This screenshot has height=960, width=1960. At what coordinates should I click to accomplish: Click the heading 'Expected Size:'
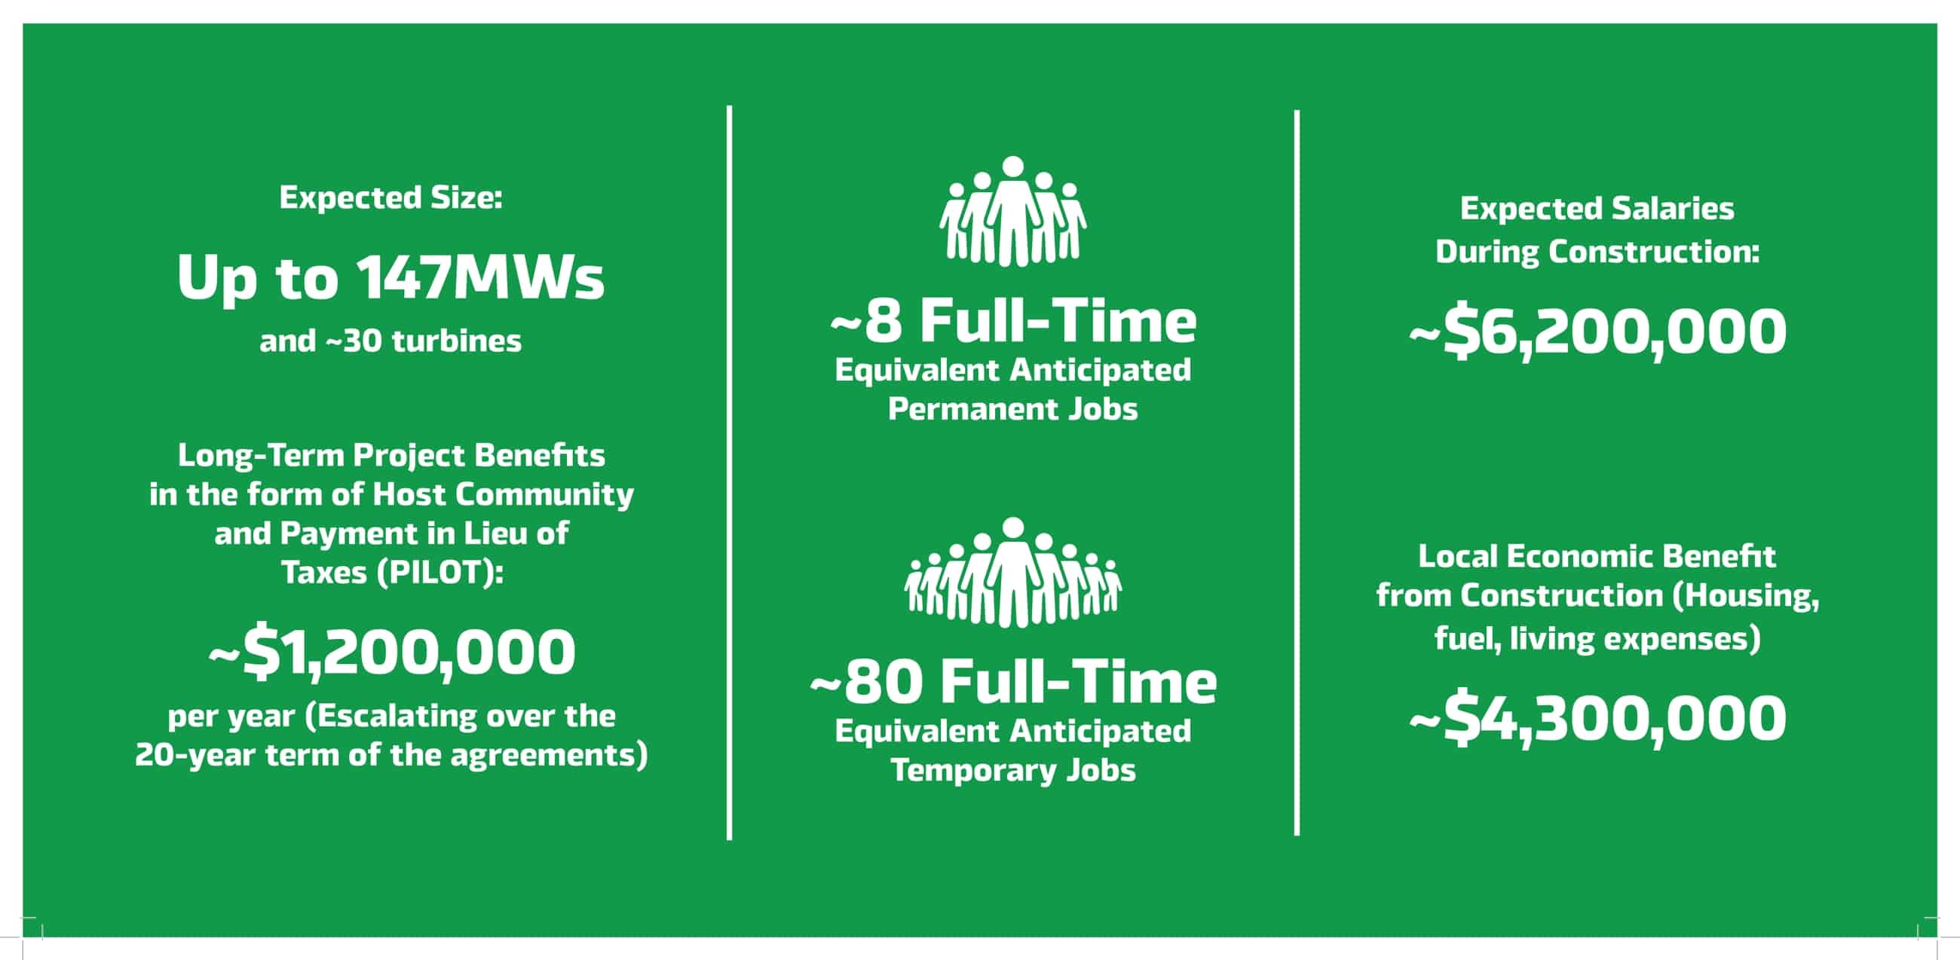coord(390,197)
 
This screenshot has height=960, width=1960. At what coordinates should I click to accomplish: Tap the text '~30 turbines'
coord(424,341)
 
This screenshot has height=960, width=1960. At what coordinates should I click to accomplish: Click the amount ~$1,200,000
coord(392,653)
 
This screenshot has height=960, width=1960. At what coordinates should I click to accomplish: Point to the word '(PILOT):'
coord(439,573)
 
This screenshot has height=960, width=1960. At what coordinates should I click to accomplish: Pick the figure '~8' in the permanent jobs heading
coord(867,321)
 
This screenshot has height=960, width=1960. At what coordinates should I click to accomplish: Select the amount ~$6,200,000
coord(1597,332)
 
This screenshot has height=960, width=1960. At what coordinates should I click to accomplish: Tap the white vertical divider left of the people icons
coord(729,472)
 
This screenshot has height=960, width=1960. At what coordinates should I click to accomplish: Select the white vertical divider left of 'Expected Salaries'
coord(1297,472)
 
